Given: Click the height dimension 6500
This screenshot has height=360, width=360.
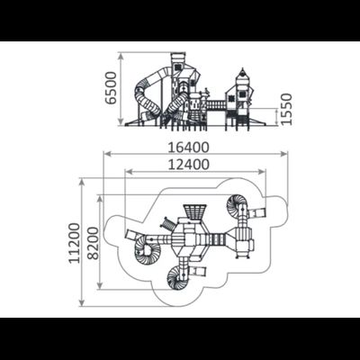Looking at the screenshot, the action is click(x=112, y=87).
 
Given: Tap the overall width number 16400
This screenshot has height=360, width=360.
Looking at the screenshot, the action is click(x=188, y=148).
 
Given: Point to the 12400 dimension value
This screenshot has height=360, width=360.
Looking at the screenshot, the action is click(x=188, y=165).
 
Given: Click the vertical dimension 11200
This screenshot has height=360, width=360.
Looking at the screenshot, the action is click(x=75, y=243).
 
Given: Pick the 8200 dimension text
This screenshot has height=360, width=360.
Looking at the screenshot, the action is click(x=94, y=243).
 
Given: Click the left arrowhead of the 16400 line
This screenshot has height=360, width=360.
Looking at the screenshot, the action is click(x=107, y=154).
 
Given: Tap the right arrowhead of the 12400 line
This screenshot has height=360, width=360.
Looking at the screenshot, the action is click(x=262, y=172).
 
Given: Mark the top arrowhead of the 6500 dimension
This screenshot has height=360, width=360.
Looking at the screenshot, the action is click(x=121, y=56).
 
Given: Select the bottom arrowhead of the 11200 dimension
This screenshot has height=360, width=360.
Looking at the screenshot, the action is click(x=82, y=302).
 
